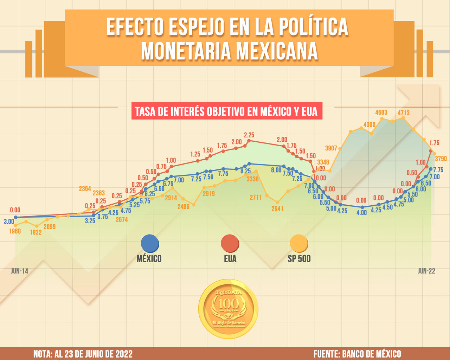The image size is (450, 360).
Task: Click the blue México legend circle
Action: tap(149, 244)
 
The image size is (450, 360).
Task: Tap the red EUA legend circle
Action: tap(230, 244)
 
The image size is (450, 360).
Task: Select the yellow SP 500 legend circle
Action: tap(299, 244)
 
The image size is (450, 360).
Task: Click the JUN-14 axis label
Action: tap(19, 271)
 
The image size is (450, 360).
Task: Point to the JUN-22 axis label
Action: tap(426, 271)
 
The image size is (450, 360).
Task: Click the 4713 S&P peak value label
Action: tap(404, 113)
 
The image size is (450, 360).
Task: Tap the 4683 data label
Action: tap(381, 112)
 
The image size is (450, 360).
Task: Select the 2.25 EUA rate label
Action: tap(249, 135)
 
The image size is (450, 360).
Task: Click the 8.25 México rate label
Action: tap(245, 171)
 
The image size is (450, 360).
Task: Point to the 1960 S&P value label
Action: tap(15, 231)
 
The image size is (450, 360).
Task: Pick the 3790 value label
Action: tap(441, 159)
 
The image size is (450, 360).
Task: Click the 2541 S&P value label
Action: tap(277, 208)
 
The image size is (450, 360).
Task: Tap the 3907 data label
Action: tap(331, 148)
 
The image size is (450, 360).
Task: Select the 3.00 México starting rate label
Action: tap(9, 222)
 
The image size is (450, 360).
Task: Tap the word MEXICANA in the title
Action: tap(277, 51)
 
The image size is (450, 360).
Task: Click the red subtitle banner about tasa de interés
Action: tap(227, 111)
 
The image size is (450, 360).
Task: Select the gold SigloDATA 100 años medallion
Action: tap(228, 309)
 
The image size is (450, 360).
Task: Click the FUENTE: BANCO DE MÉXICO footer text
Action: tap(357, 354)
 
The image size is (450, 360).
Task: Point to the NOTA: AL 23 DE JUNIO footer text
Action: tap(83, 354)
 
